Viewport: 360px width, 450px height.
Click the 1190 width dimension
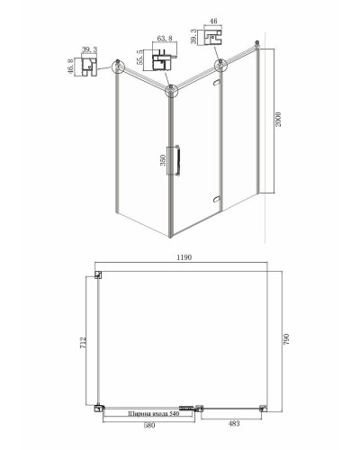pos(185,257)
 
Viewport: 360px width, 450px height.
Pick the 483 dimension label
pos(233,424)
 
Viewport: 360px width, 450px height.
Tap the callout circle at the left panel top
pos(117,65)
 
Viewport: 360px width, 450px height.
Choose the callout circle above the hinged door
pos(220,65)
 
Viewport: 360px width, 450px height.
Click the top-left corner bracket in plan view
pos(100,277)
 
